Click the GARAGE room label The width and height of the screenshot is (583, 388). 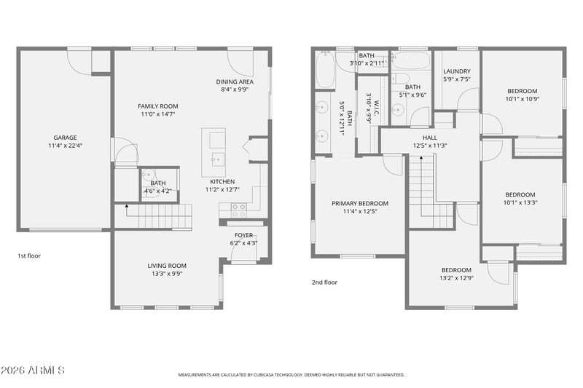pyautogui.click(x=65, y=138)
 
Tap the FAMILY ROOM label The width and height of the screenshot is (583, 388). pyautogui.click(x=158, y=106)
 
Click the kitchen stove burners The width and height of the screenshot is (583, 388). pyautogui.click(x=238, y=210)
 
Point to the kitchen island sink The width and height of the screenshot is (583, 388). pyautogui.click(x=218, y=159)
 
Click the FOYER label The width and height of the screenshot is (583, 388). pyautogui.click(x=243, y=235)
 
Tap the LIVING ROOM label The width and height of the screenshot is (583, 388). pyautogui.click(x=167, y=266)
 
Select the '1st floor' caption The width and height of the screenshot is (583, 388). pyautogui.click(x=29, y=256)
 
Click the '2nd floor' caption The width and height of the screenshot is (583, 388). pyautogui.click(x=324, y=282)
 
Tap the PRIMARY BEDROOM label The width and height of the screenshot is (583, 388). pyautogui.click(x=360, y=204)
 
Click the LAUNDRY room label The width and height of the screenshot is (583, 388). pyautogui.click(x=457, y=71)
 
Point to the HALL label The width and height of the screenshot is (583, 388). pyautogui.click(x=430, y=138)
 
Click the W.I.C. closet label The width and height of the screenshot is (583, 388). pyautogui.click(x=376, y=107)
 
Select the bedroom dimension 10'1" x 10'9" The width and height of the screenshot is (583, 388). pyautogui.click(x=523, y=99)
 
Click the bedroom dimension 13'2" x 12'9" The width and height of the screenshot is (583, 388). pyautogui.click(x=457, y=278)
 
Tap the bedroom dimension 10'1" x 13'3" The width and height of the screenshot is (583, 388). pyautogui.click(x=520, y=202)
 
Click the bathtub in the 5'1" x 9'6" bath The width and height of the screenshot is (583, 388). pyautogui.click(x=411, y=60)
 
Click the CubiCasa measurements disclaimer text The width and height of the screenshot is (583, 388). pyautogui.click(x=291, y=375)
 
